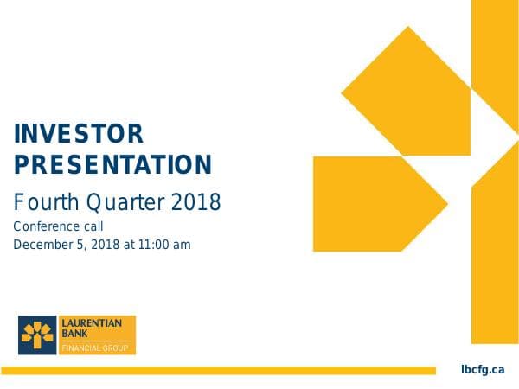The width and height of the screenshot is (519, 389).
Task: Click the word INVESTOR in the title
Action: coord(79,134)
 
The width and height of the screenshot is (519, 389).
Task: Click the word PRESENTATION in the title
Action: coord(113,164)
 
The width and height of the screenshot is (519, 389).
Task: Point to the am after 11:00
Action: coord(182,245)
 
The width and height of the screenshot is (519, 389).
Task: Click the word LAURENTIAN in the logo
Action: coord(92,322)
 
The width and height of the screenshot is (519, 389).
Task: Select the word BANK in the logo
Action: coord(73,333)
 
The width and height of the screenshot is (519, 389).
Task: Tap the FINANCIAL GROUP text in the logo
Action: coord(94,348)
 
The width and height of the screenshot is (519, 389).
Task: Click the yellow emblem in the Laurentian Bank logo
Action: coord(37,335)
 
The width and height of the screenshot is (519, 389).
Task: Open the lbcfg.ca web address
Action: coord(482,370)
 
